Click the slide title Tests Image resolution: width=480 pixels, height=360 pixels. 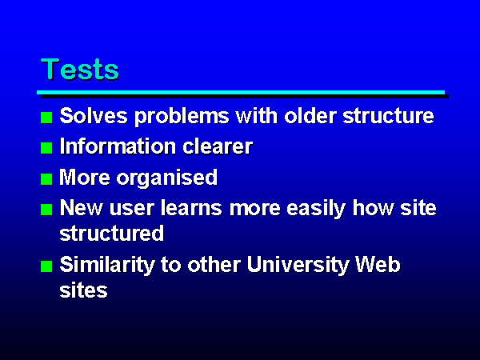(79, 69)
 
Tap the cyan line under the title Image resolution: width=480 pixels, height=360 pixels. (241, 93)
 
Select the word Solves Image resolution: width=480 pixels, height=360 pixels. (94, 116)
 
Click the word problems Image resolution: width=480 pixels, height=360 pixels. (182, 117)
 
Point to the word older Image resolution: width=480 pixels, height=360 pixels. (310, 116)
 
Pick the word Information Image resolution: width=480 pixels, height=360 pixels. (118, 146)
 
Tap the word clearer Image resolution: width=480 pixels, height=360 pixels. (218, 146)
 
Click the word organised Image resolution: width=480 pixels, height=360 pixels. (167, 178)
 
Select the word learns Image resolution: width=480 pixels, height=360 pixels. (191, 207)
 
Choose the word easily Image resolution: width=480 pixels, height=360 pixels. (317, 209)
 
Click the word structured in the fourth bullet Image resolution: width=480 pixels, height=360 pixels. (112, 234)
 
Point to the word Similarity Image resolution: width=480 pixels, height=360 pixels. (107, 265)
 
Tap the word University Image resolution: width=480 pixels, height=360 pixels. (298, 265)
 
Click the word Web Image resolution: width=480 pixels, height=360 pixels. (378, 264)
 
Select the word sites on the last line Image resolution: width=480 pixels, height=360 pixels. (83, 290)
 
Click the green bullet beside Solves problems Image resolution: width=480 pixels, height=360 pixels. (46, 118)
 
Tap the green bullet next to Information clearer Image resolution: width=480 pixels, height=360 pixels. (46, 148)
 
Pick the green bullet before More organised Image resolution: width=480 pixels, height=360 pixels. (46, 179)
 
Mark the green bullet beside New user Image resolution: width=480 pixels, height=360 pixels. (46, 210)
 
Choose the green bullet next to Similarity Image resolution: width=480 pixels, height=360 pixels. (46, 266)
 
